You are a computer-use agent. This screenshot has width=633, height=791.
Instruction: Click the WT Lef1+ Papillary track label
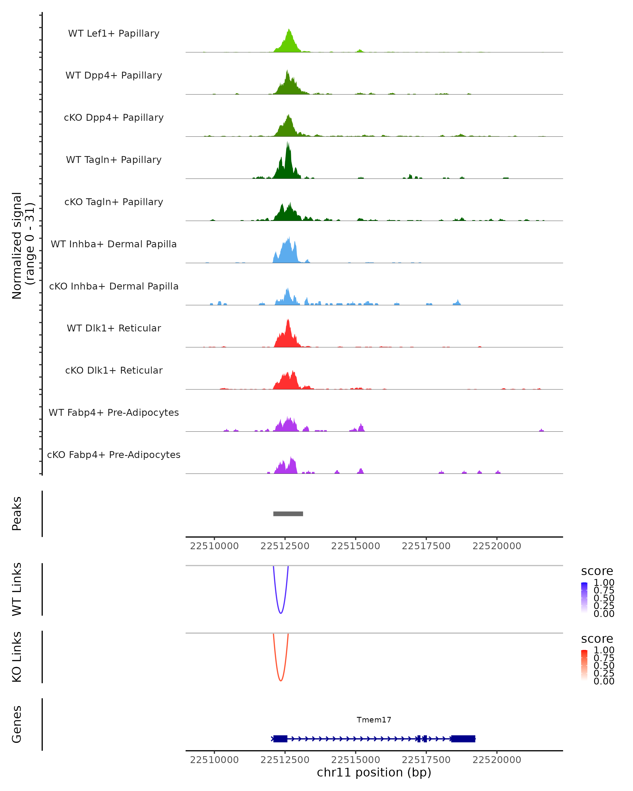[x=114, y=33]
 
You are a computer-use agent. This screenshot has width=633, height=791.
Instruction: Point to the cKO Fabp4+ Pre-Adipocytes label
[x=114, y=455]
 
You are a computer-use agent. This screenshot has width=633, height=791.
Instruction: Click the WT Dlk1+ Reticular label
[x=114, y=328]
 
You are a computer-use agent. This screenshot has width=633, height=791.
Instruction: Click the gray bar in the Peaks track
[x=288, y=514]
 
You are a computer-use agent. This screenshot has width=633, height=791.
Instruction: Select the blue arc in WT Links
[x=281, y=613]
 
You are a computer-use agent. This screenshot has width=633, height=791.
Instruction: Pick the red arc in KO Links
[x=281, y=681]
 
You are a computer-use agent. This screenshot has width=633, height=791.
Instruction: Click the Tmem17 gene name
[x=374, y=720]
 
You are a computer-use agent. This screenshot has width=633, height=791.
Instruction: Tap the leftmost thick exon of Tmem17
[x=280, y=739]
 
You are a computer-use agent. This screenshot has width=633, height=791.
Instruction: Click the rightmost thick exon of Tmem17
[x=463, y=739]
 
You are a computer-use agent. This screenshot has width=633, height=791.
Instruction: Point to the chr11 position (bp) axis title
[x=374, y=772]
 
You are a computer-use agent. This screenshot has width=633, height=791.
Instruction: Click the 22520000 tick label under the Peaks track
[x=497, y=546]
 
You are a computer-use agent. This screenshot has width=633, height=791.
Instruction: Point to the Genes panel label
[x=17, y=724]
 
